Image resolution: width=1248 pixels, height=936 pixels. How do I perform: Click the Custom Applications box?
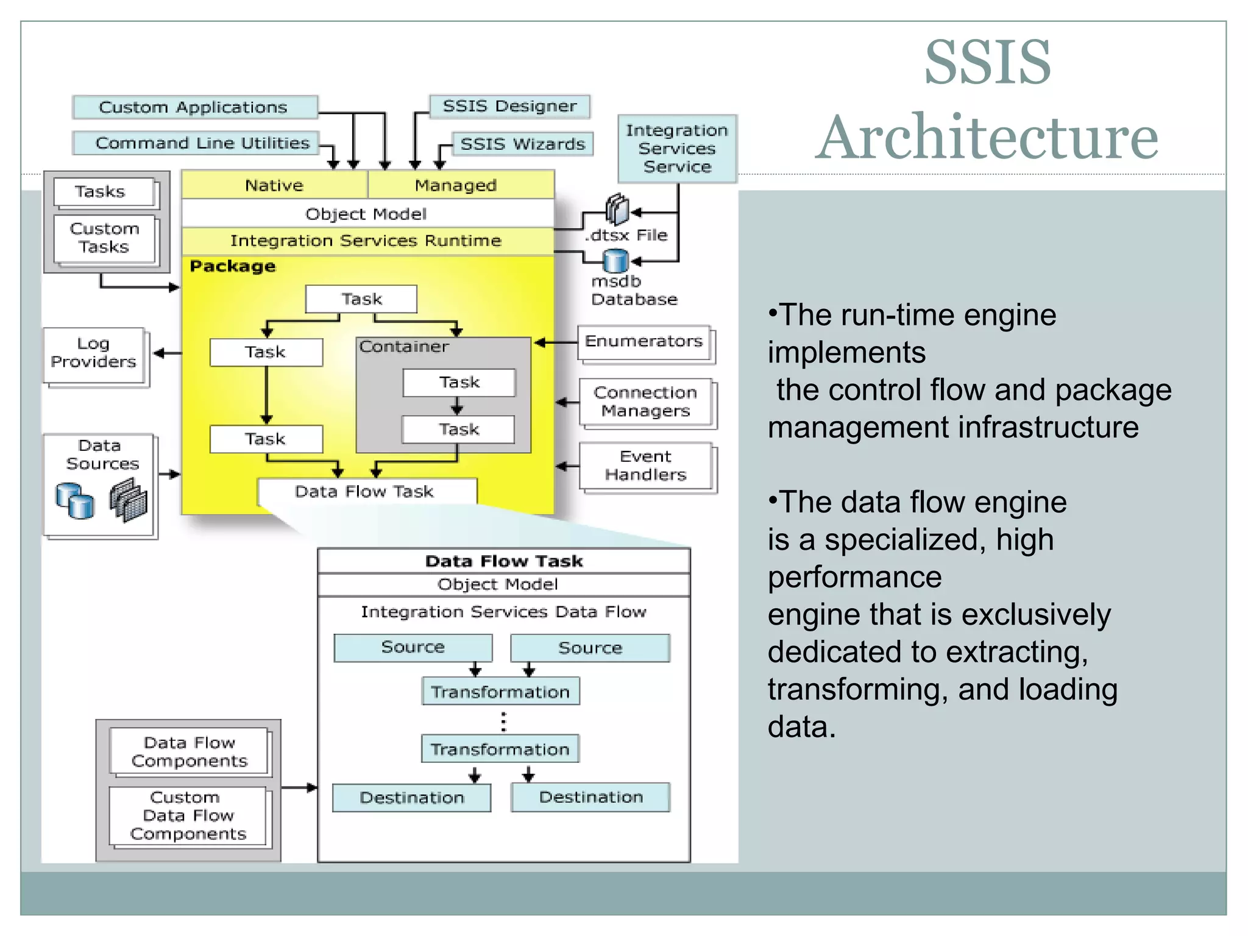[194, 107]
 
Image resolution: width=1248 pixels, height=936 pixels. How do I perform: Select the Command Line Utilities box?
[196, 143]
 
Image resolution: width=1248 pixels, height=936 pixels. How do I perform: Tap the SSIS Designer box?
[509, 107]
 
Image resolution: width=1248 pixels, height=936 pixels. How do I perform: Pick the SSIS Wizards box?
[522, 144]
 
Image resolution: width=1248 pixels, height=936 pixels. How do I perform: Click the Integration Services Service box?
[677, 149]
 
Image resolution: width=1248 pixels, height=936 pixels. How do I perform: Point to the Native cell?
[274, 185]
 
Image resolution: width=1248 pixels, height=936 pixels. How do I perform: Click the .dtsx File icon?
[617, 209]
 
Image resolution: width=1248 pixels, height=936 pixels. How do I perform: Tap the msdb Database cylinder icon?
[615, 261]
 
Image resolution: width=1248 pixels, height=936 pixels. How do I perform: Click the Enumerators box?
[644, 342]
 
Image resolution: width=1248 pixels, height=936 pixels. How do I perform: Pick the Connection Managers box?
[646, 402]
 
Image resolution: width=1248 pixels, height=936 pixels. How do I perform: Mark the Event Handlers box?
[646, 466]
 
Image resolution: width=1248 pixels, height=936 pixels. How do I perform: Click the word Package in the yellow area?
[233, 266]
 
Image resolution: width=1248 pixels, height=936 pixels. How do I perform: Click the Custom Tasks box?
[104, 238]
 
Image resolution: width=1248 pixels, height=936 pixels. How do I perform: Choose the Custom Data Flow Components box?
[188, 815]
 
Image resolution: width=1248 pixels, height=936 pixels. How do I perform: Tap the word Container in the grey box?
[404, 347]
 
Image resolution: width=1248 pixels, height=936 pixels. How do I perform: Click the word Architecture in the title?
[987, 138]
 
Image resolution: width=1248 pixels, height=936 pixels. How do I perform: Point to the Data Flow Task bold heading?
[504, 561]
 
